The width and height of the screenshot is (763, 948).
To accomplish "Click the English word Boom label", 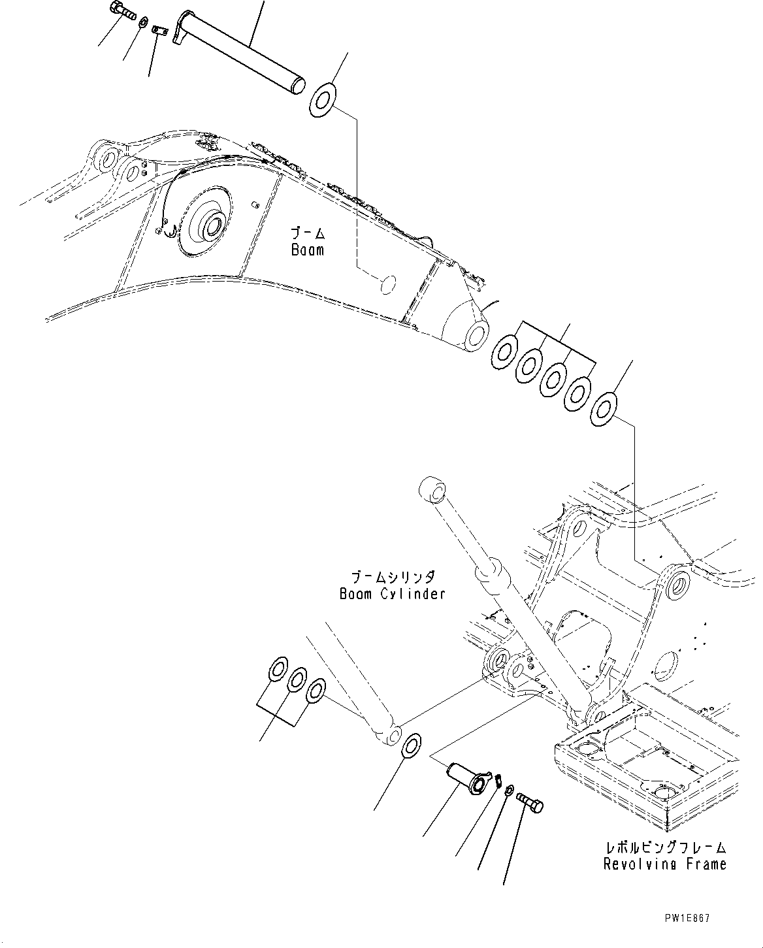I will click(x=308, y=250).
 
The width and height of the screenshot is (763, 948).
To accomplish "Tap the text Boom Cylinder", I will click(x=392, y=594).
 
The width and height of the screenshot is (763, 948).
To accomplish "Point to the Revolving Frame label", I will click(x=665, y=864).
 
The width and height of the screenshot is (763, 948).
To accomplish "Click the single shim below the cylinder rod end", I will click(x=412, y=746).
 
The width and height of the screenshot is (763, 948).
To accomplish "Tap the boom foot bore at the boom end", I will click(x=476, y=334).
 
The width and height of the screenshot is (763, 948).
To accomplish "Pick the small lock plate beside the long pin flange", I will click(x=160, y=31).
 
